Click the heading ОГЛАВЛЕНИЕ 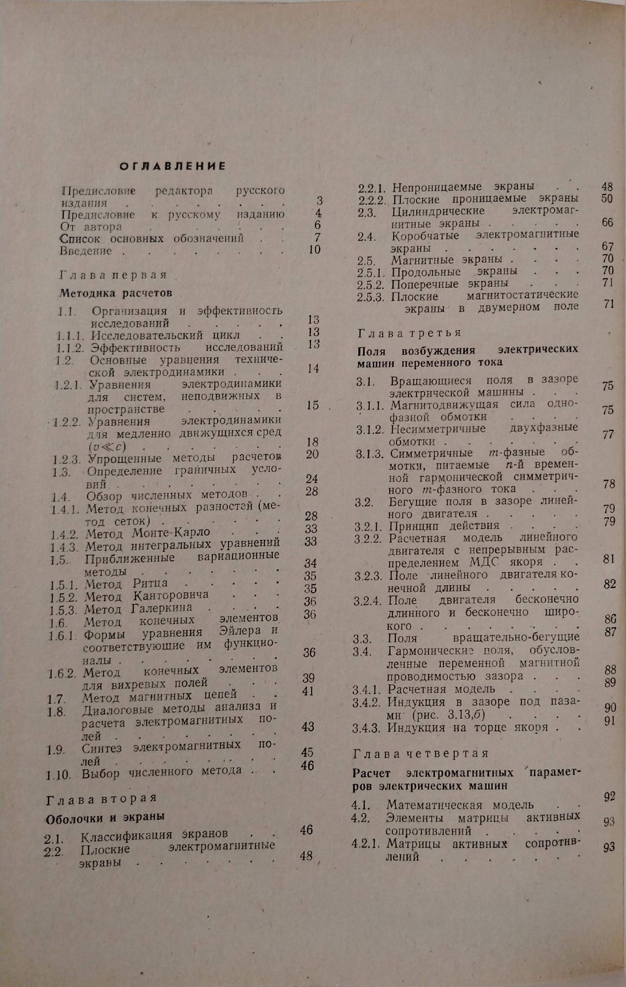pos(172,166)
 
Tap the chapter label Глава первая pos(114,275)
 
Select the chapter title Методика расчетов pos(116,293)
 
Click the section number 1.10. pos(59,775)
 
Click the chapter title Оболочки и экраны pos(105,817)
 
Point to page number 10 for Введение pos(314,250)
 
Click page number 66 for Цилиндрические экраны pos(607,223)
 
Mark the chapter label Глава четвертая pos(421,754)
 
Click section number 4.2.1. pos(365,844)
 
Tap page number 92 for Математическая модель pos(609,797)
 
